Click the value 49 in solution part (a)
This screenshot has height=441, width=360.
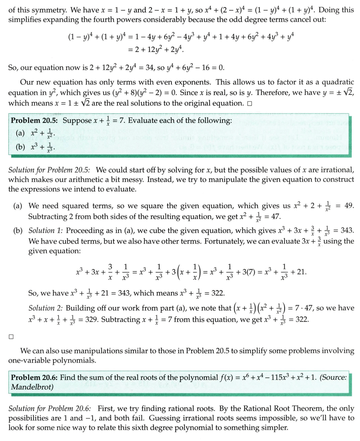[x=349, y=206]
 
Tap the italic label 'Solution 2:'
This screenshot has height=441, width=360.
[x=45, y=309]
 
